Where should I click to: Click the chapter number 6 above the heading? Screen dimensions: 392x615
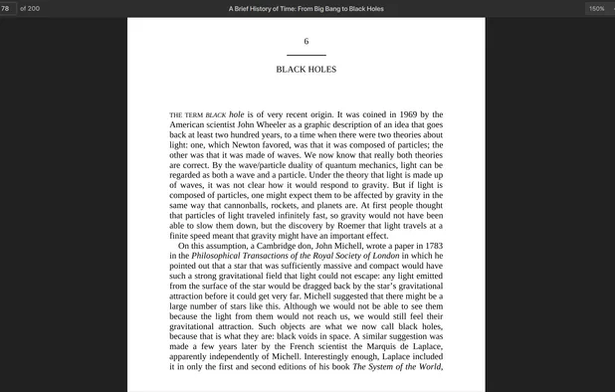pyautogui.click(x=306, y=41)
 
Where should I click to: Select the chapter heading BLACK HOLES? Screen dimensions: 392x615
pyautogui.click(x=306, y=70)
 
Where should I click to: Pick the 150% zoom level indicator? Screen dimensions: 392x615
pyautogui.click(x=596, y=8)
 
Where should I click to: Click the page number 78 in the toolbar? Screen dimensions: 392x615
pyautogui.click(x=6, y=8)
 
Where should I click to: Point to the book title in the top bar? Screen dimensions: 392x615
pyautogui.click(x=306, y=8)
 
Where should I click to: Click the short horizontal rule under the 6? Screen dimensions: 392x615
pyautogui.click(x=306, y=55)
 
